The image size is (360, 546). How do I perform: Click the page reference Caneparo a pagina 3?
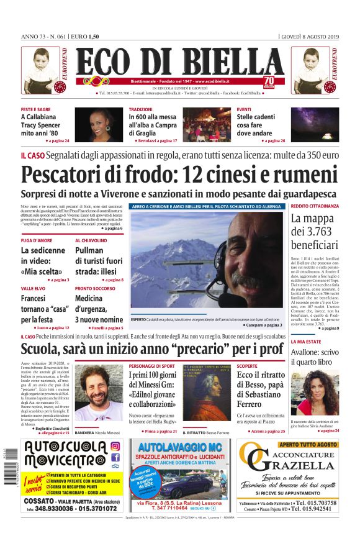pos(261,325)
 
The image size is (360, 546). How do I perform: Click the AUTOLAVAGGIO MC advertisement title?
pos(179,447)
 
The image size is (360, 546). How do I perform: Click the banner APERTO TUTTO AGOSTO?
pos(308,445)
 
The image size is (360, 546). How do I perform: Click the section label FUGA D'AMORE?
pos(36,240)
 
